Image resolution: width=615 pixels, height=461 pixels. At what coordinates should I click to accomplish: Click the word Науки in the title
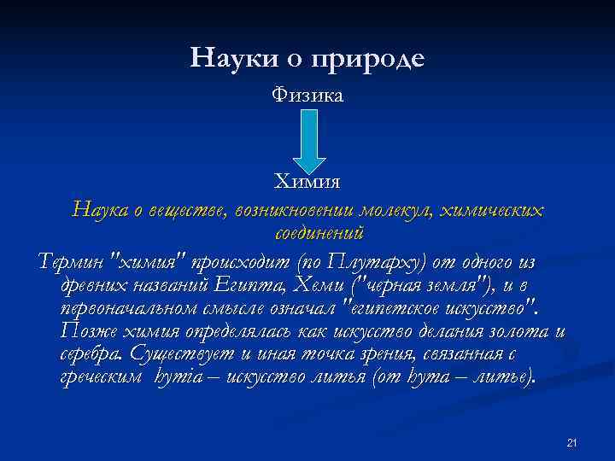(x=227, y=59)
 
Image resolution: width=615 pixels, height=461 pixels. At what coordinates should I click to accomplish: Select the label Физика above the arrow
(x=307, y=95)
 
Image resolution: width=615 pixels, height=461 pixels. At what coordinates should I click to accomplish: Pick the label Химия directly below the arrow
(x=307, y=182)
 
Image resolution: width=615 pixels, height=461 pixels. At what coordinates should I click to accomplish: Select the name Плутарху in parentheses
(x=389, y=260)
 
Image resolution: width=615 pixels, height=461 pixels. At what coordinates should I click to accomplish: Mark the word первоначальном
(x=138, y=306)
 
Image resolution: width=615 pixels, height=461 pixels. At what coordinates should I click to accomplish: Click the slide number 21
(x=572, y=442)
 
